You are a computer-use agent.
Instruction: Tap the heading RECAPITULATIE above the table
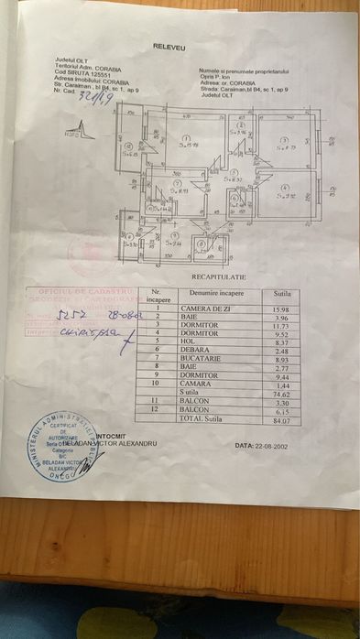click(x=219, y=275)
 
